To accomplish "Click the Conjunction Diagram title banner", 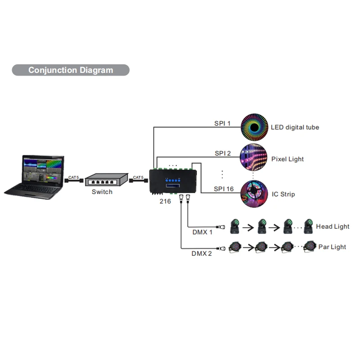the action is pos(71,70).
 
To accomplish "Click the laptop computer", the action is pos(34,177).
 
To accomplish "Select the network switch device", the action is pos(106,180).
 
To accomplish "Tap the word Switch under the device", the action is pos(102,192).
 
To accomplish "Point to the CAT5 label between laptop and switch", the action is pos(73,177).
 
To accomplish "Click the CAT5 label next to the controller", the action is pos(138,177).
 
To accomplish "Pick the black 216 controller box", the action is pos(173,181).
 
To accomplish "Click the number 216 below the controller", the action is pos(165,201).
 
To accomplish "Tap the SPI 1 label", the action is pos(222,123).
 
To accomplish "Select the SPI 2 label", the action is pos(223,153).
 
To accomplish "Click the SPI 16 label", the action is pos(224,189).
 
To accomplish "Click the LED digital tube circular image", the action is pos(254,127).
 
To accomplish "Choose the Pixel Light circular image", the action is pos(254,157).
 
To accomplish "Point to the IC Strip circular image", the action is pos(254,194).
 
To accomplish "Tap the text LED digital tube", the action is pos(295,127).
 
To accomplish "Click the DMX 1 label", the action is pos(202,232).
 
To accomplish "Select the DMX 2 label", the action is pos(202,253).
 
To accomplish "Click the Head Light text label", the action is pos(333,227).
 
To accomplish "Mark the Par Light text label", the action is pos(332,247).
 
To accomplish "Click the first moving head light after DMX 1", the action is pos(234,226).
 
